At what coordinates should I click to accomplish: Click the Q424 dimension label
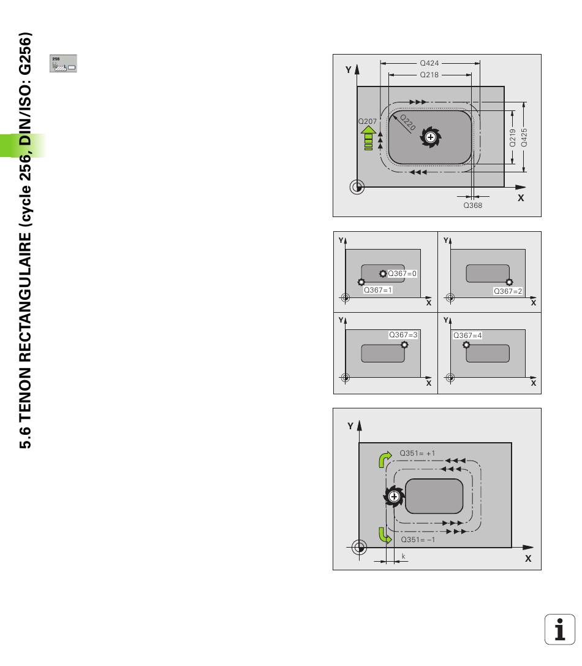click(429, 63)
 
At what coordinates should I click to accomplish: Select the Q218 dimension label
click(429, 74)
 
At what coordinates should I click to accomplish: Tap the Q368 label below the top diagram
click(472, 205)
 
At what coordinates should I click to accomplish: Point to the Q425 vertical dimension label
click(524, 137)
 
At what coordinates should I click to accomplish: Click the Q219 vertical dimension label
click(512, 137)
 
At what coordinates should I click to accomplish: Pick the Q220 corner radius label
click(407, 122)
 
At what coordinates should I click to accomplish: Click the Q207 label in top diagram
click(368, 121)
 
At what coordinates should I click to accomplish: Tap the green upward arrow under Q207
click(368, 137)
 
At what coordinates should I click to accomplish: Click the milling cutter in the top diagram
click(431, 137)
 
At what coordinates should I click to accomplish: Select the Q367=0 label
click(402, 274)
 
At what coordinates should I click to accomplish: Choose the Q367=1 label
click(378, 290)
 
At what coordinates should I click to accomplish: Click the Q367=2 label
click(508, 291)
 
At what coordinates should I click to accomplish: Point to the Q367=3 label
click(403, 335)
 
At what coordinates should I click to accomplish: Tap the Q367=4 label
click(467, 335)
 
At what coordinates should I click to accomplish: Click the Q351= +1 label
click(417, 453)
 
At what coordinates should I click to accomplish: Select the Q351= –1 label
click(418, 540)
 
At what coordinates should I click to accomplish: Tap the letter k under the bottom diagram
click(403, 556)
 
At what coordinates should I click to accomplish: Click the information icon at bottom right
click(559, 629)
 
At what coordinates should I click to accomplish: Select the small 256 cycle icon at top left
click(63, 63)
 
